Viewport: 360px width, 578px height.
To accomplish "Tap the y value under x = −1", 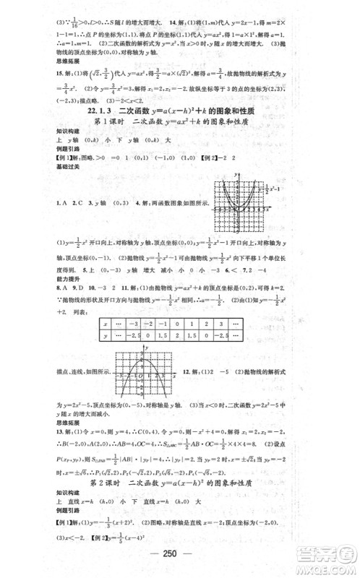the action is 173,336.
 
